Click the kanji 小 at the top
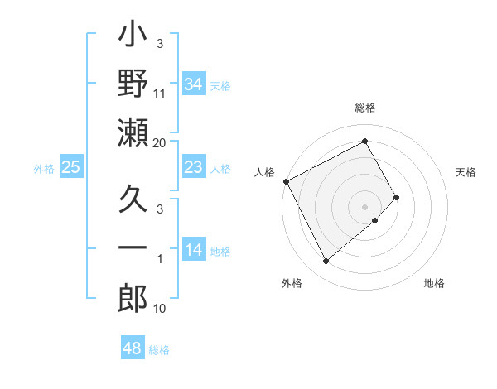[x=133, y=38]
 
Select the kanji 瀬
[x=133, y=132]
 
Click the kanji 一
[x=133, y=248]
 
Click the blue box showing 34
[x=193, y=84]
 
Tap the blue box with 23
[x=193, y=167]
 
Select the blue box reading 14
[x=193, y=250]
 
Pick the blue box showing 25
[x=70, y=167]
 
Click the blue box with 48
[x=132, y=348]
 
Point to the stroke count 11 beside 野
[x=160, y=94]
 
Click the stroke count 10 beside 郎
[x=160, y=309]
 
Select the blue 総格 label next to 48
[x=159, y=350]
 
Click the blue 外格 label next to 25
[x=44, y=169]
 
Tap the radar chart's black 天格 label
[x=466, y=172]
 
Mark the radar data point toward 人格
[x=287, y=181]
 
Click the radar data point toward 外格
[x=326, y=262]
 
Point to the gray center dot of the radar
[x=364, y=206]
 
